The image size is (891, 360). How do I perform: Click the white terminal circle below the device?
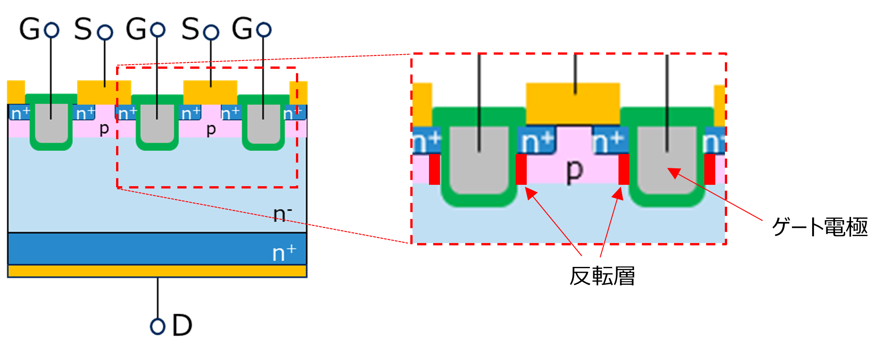[157, 327]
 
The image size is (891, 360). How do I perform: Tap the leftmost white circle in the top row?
[51, 30]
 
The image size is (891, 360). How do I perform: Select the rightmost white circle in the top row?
[264, 30]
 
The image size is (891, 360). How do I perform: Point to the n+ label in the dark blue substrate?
[284, 253]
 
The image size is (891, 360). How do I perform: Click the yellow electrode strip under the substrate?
[157, 271]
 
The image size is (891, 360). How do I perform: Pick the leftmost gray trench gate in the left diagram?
[51, 123]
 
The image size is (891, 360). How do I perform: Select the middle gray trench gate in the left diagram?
[157, 123]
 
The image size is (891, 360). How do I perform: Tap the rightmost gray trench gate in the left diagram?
[263, 123]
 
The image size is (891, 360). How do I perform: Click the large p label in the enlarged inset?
[574, 171]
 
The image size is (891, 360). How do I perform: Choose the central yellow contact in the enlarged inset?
[573, 103]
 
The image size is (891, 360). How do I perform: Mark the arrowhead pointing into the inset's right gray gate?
[672, 172]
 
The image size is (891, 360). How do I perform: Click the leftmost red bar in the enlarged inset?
[434, 169]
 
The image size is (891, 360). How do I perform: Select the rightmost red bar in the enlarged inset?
[710, 169]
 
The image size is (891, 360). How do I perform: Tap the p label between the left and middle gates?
[104, 129]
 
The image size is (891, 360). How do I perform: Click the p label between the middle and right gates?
[211, 129]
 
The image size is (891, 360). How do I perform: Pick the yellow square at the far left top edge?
[16, 92]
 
